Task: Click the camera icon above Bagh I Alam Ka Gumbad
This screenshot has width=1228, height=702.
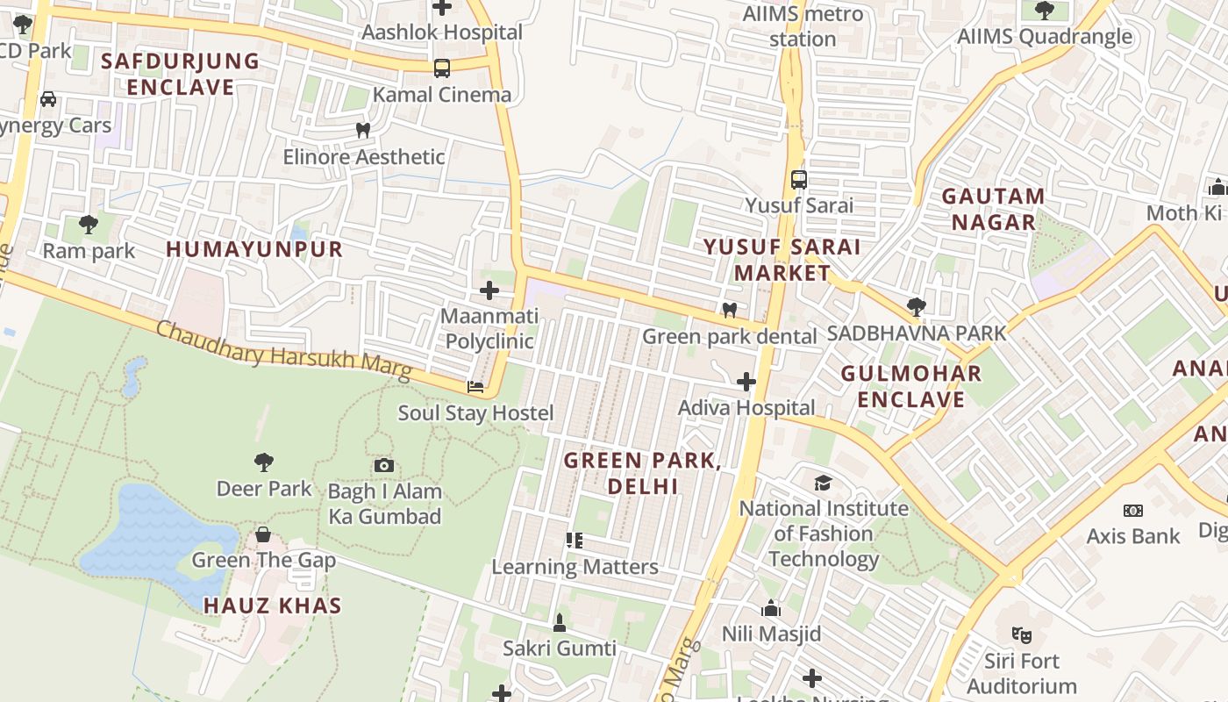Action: (x=384, y=465)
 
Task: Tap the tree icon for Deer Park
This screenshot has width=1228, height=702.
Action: (x=263, y=462)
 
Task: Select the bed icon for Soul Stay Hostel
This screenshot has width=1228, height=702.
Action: (x=475, y=386)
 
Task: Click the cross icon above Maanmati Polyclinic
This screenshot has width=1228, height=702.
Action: (x=489, y=290)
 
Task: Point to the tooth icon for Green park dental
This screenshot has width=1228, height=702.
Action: (x=729, y=310)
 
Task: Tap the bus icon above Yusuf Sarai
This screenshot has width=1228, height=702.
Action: (x=799, y=179)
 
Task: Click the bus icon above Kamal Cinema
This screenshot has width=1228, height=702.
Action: (x=442, y=68)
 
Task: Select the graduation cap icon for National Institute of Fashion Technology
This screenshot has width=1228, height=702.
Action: (x=823, y=483)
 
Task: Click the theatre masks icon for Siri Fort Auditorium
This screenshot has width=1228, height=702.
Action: (x=1020, y=634)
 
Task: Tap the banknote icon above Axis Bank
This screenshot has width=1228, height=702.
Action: (x=1133, y=510)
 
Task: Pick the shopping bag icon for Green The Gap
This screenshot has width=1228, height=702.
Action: (x=262, y=534)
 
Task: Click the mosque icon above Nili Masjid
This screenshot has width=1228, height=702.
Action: (x=771, y=607)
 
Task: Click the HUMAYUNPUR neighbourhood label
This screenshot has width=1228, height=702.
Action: (x=254, y=249)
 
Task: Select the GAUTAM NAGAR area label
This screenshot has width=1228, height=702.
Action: (x=994, y=209)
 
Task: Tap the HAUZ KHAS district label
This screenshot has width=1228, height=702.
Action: (x=273, y=605)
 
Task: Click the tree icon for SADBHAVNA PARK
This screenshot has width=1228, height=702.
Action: (x=917, y=306)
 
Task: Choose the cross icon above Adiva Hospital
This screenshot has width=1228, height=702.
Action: (x=746, y=382)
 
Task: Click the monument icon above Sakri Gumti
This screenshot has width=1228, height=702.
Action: (x=560, y=622)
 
